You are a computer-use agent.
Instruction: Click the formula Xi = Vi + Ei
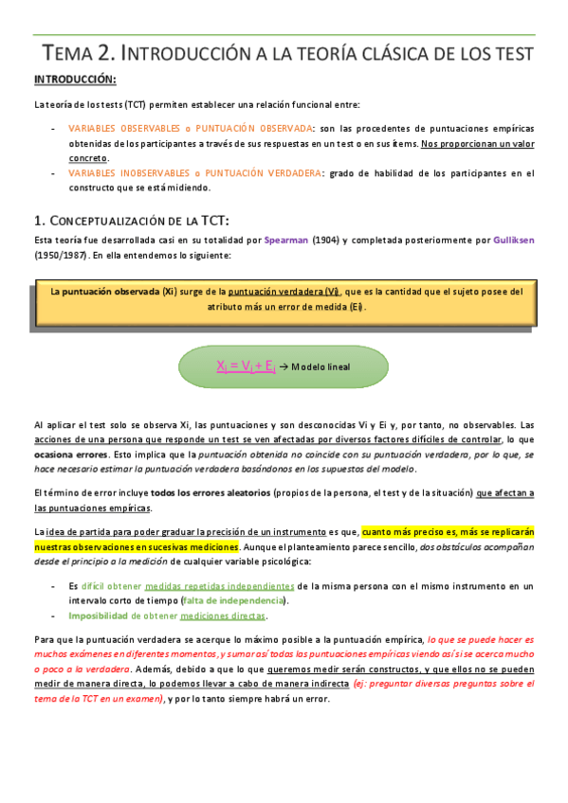246,366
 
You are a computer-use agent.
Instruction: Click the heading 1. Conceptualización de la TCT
133,220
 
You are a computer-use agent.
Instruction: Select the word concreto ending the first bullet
88,157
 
